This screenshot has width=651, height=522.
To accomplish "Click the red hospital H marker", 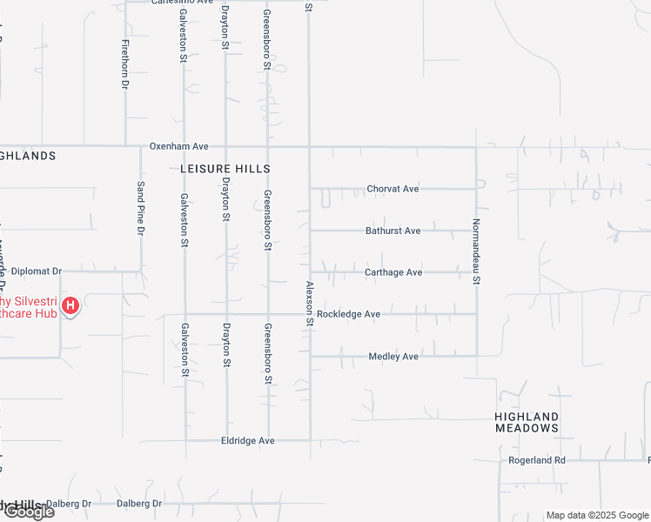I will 71,305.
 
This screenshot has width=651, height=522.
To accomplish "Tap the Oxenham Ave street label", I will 179,146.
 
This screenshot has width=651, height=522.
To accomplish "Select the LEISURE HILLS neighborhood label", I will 225,169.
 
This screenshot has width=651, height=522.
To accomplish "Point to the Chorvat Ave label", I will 393,189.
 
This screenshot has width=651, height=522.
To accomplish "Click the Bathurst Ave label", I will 393,231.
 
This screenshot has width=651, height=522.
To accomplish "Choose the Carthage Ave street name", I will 393,272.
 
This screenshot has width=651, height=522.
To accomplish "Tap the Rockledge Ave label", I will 348,314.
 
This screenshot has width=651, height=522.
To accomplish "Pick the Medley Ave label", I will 393,357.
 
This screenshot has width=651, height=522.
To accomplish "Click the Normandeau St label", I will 476,251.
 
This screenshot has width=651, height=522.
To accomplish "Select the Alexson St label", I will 309,304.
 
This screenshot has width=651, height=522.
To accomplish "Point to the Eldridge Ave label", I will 248,441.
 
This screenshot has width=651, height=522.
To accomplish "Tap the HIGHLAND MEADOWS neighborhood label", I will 527,422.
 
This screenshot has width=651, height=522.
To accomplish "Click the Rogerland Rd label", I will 537,459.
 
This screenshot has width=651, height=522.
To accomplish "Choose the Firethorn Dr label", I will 125,64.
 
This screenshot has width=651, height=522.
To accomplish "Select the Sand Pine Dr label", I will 140,209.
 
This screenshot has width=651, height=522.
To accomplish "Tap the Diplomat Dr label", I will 37,271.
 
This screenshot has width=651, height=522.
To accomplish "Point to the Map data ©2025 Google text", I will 596,515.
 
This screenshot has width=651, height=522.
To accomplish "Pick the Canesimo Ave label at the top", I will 182,3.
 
